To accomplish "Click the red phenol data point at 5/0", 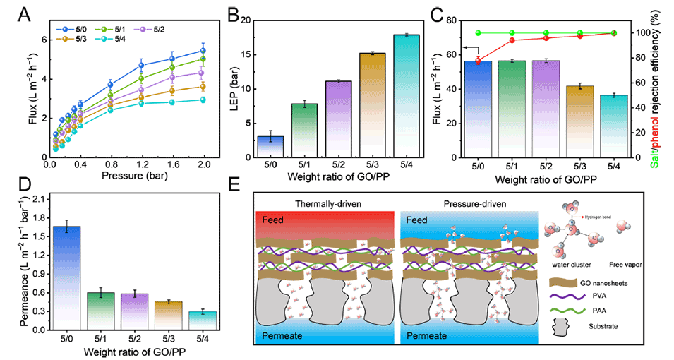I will pos(479,60).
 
